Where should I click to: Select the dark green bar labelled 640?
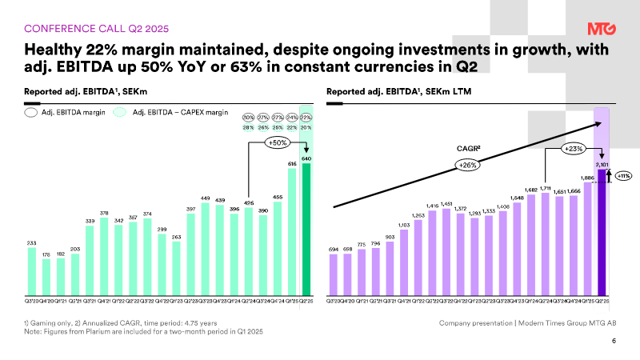click(306, 228)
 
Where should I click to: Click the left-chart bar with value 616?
click(292, 231)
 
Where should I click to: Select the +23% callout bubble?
click(574, 148)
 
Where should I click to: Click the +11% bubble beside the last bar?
click(624, 176)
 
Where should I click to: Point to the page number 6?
click(614, 342)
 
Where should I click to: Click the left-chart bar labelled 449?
click(206, 248)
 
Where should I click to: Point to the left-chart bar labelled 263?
click(177, 267)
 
